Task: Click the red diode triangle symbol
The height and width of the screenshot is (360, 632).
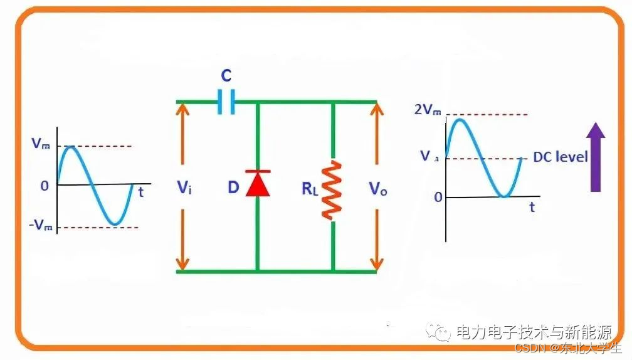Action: pyautogui.click(x=257, y=184)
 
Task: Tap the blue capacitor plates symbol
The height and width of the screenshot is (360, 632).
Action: pyautogui.click(x=226, y=102)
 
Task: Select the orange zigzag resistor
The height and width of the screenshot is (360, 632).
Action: pyautogui.click(x=332, y=190)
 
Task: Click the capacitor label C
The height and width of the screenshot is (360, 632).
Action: pyautogui.click(x=226, y=77)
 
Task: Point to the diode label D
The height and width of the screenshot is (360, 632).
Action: pyautogui.click(x=233, y=187)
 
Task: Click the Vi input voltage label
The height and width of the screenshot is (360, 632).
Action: pyautogui.click(x=183, y=187)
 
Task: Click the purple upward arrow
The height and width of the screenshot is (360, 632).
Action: pyautogui.click(x=596, y=157)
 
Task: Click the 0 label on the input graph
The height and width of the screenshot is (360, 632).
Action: pyautogui.click(x=44, y=186)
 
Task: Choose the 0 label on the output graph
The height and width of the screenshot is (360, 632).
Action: pyautogui.click(x=438, y=197)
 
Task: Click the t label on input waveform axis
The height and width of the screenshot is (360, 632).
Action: pyautogui.click(x=141, y=193)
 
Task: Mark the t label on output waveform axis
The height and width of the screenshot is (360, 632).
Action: pyautogui.click(x=532, y=207)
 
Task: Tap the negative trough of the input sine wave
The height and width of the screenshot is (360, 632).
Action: pyautogui.click(x=113, y=223)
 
